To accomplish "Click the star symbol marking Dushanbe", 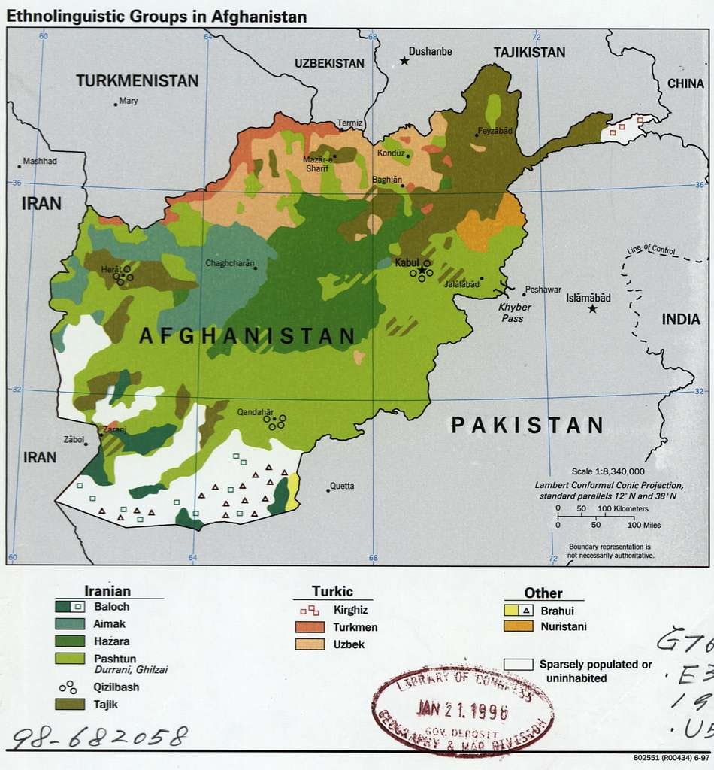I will click(404, 60).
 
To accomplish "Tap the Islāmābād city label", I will click(588, 297).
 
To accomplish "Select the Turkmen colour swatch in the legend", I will click(307, 627).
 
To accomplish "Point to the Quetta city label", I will click(342, 486).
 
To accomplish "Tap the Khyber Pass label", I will click(515, 313).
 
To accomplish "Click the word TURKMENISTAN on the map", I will click(138, 81).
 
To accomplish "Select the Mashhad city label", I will click(40, 161).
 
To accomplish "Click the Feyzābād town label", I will click(495, 131).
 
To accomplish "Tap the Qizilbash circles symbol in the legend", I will click(68, 687).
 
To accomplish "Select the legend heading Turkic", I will click(332, 592).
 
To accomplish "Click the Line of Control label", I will click(651, 250).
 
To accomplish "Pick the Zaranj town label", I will click(115, 429).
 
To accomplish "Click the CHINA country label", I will click(685, 83).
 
